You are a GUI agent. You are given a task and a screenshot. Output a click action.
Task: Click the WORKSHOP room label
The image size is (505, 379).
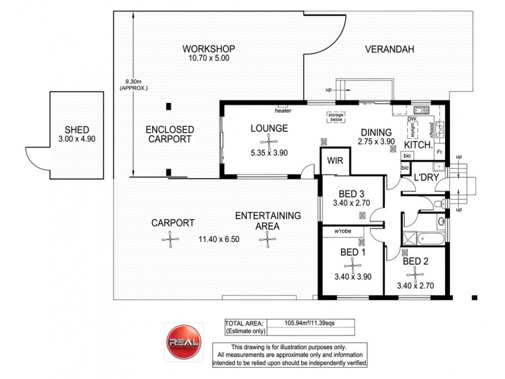tap(208, 49)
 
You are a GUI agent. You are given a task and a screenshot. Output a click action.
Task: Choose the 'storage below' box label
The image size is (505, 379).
tap(335, 117)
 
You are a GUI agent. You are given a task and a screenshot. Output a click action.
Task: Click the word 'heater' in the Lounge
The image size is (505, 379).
tap(282, 111)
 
